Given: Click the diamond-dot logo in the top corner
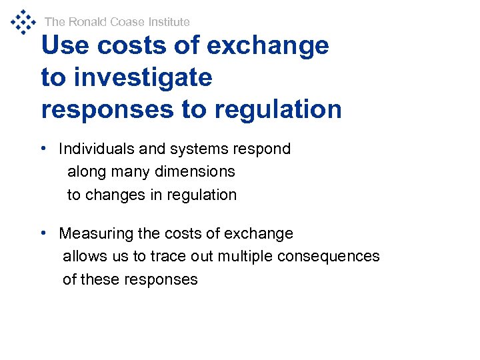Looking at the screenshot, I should pyautogui.click(x=23, y=21).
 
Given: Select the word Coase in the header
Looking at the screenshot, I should pyautogui.click(x=127, y=22).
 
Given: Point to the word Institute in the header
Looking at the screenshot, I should pyautogui.click(x=167, y=22).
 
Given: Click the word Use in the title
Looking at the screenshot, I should pyautogui.click(x=65, y=45).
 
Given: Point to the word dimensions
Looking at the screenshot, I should pyautogui.click(x=196, y=171).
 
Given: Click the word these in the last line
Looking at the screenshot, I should pyautogui.click(x=98, y=279).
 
